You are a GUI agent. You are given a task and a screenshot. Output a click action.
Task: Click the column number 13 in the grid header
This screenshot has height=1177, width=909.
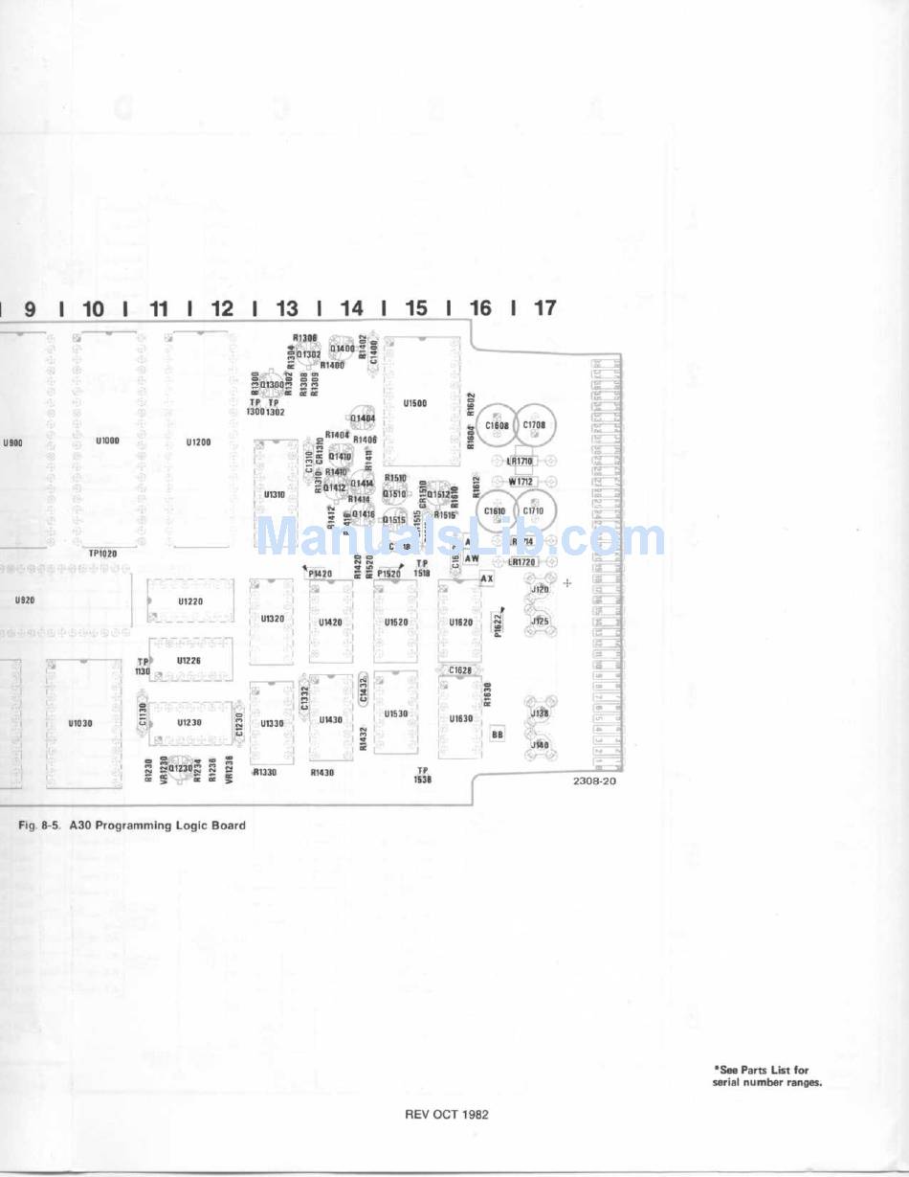click(x=287, y=308)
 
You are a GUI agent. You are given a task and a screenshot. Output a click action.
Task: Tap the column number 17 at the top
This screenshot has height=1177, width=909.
click(x=544, y=308)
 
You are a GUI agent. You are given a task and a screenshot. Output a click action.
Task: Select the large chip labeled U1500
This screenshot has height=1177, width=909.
click(x=415, y=403)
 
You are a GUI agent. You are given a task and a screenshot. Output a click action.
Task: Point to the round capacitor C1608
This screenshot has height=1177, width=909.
click(x=497, y=424)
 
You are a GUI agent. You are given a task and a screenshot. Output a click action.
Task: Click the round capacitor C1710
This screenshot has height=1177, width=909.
click(x=533, y=511)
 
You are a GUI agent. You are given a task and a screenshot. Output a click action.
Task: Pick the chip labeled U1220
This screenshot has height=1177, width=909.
click(x=190, y=601)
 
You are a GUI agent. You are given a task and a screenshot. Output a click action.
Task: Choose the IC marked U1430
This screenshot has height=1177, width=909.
click(x=330, y=719)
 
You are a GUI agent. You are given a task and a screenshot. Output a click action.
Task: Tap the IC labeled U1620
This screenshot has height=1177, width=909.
click(x=460, y=622)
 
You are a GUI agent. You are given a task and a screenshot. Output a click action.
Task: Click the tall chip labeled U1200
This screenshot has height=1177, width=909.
click(x=198, y=442)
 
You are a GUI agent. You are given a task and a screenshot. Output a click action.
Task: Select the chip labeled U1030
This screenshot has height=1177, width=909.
click(x=81, y=724)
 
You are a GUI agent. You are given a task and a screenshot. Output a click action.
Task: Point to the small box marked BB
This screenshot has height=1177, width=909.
click(x=498, y=735)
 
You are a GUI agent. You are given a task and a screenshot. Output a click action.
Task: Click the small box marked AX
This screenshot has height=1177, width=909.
click(x=486, y=579)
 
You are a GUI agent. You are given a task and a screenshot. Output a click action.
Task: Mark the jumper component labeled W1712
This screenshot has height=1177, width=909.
click(x=521, y=481)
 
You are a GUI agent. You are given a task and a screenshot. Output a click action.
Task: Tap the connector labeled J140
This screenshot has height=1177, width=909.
click(x=540, y=745)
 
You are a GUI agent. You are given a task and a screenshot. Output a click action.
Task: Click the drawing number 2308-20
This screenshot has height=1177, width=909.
click(x=594, y=781)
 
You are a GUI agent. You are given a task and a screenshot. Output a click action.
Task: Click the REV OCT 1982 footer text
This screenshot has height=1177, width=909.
click(x=447, y=1114)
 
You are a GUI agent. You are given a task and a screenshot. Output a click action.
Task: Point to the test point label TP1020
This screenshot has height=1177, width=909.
click(x=102, y=554)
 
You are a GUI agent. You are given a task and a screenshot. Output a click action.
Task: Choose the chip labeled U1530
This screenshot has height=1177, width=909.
click(x=396, y=713)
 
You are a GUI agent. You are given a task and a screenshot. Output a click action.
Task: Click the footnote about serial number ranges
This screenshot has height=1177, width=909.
click(x=766, y=1076)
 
